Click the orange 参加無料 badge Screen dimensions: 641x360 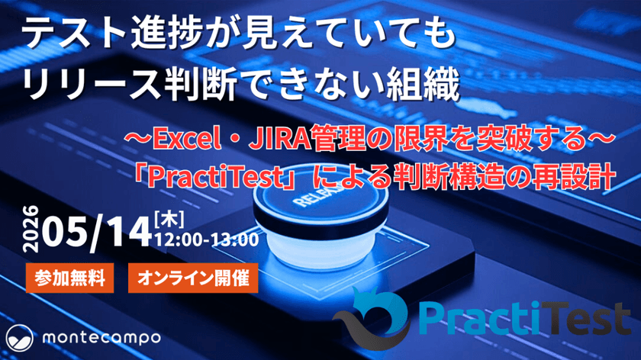tap(69, 278)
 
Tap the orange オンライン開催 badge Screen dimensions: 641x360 tap(193, 278)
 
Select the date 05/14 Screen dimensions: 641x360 tap(96, 232)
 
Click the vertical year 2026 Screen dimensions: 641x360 tap(31, 229)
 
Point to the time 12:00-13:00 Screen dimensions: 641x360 tap(207, 239)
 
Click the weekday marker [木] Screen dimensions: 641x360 tap(169, 220)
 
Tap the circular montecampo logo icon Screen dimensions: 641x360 tap(20, 339)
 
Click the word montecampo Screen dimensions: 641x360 tap(101, 338)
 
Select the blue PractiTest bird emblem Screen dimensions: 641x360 tap(371, 317)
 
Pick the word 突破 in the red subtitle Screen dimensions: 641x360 tap(500, 140)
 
